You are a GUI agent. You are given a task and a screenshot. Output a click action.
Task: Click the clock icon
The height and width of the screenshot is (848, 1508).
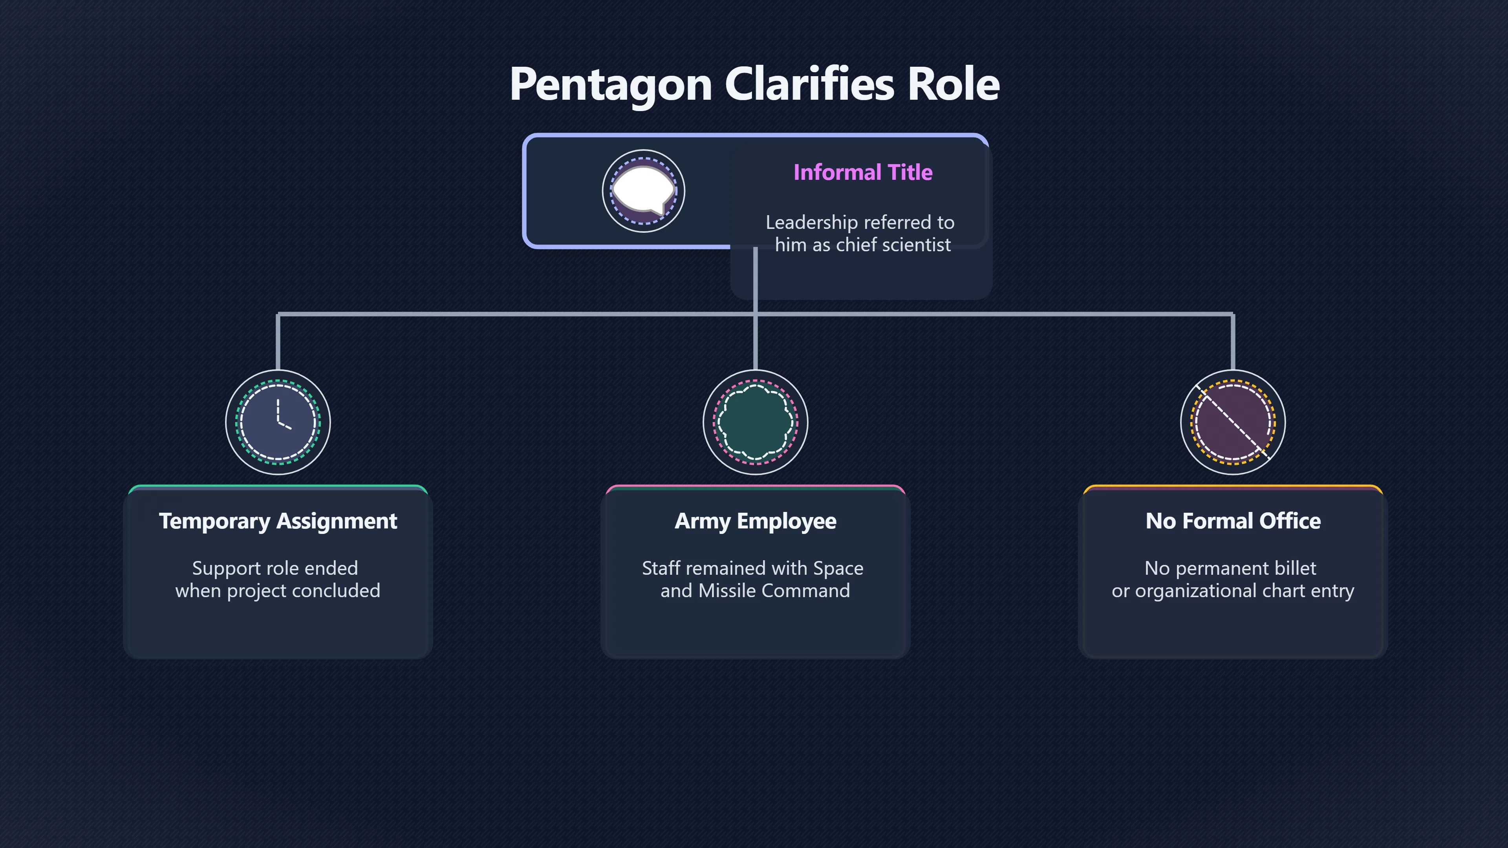point(278,422)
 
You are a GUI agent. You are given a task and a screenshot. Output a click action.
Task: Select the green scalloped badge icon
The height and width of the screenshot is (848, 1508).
point(755,422)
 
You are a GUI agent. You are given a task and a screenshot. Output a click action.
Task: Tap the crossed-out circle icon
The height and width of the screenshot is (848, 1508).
point(1233,422)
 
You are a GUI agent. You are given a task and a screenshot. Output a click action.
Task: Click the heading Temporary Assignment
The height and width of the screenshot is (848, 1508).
point(278,521)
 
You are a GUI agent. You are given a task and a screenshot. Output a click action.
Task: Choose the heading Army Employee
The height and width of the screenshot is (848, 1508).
point(755,521)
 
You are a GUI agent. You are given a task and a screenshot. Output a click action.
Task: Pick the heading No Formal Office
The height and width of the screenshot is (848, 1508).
point(1233,521)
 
